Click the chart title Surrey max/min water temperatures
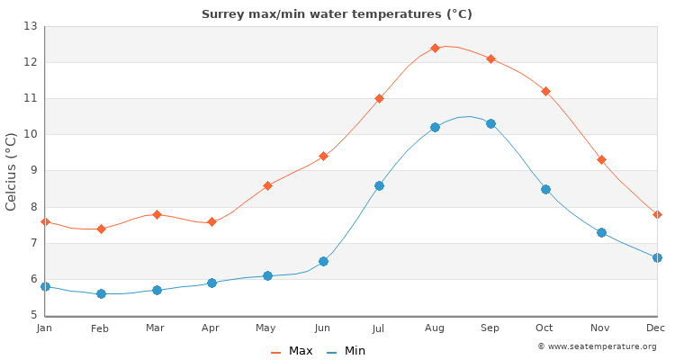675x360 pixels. tap(337, 14)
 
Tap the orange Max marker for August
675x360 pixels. tap(435, 48)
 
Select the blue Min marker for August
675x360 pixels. tap(435, 127)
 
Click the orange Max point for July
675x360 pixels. tap(379, 98)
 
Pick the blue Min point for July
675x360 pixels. tap(379, 185)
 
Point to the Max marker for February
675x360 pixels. tap(101, 229)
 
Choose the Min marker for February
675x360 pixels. tap(101, 293)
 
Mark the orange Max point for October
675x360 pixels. tap(545, 91)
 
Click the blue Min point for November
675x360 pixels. tap(601, 232)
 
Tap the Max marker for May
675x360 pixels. tap(267, 185)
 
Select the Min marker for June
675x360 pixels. tap(323, 261)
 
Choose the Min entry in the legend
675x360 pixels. tap(346, 351)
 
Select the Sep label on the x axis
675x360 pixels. tap(490, 328)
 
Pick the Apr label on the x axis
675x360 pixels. tap(211, 328)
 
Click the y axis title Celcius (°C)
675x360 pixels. tap(12, 171)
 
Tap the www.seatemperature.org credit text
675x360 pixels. tap(597, 346)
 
